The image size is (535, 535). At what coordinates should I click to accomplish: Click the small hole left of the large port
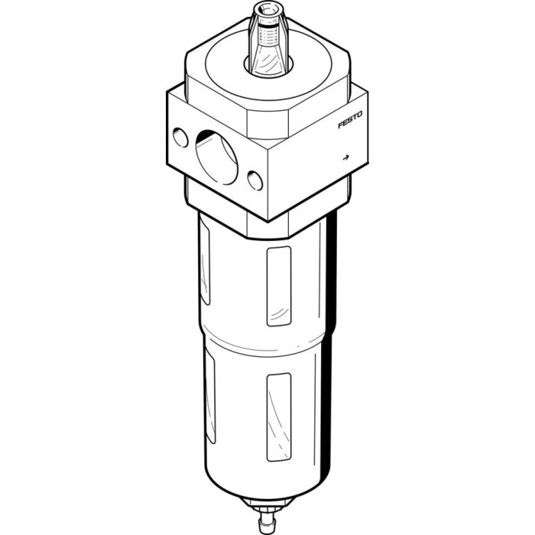tap(180, 138)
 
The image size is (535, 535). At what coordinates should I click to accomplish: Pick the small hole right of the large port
tap(255, 180)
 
